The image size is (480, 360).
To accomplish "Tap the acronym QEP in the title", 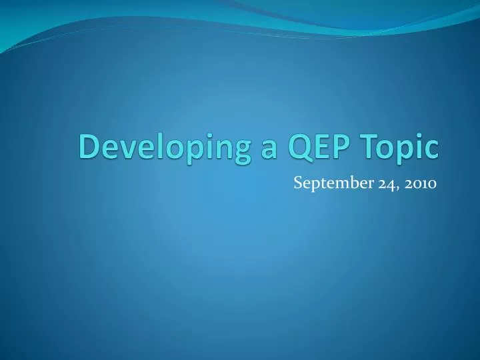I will [x=318, y=147].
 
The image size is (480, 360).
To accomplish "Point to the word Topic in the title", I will [x=399, y=147].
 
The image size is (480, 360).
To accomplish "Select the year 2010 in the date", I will [x=418, y=185].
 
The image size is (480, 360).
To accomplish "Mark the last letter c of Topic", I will [x=433, y=147].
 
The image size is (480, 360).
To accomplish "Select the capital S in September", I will [x=298, y=185].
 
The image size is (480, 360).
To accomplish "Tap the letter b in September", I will [x=347, y=185].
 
